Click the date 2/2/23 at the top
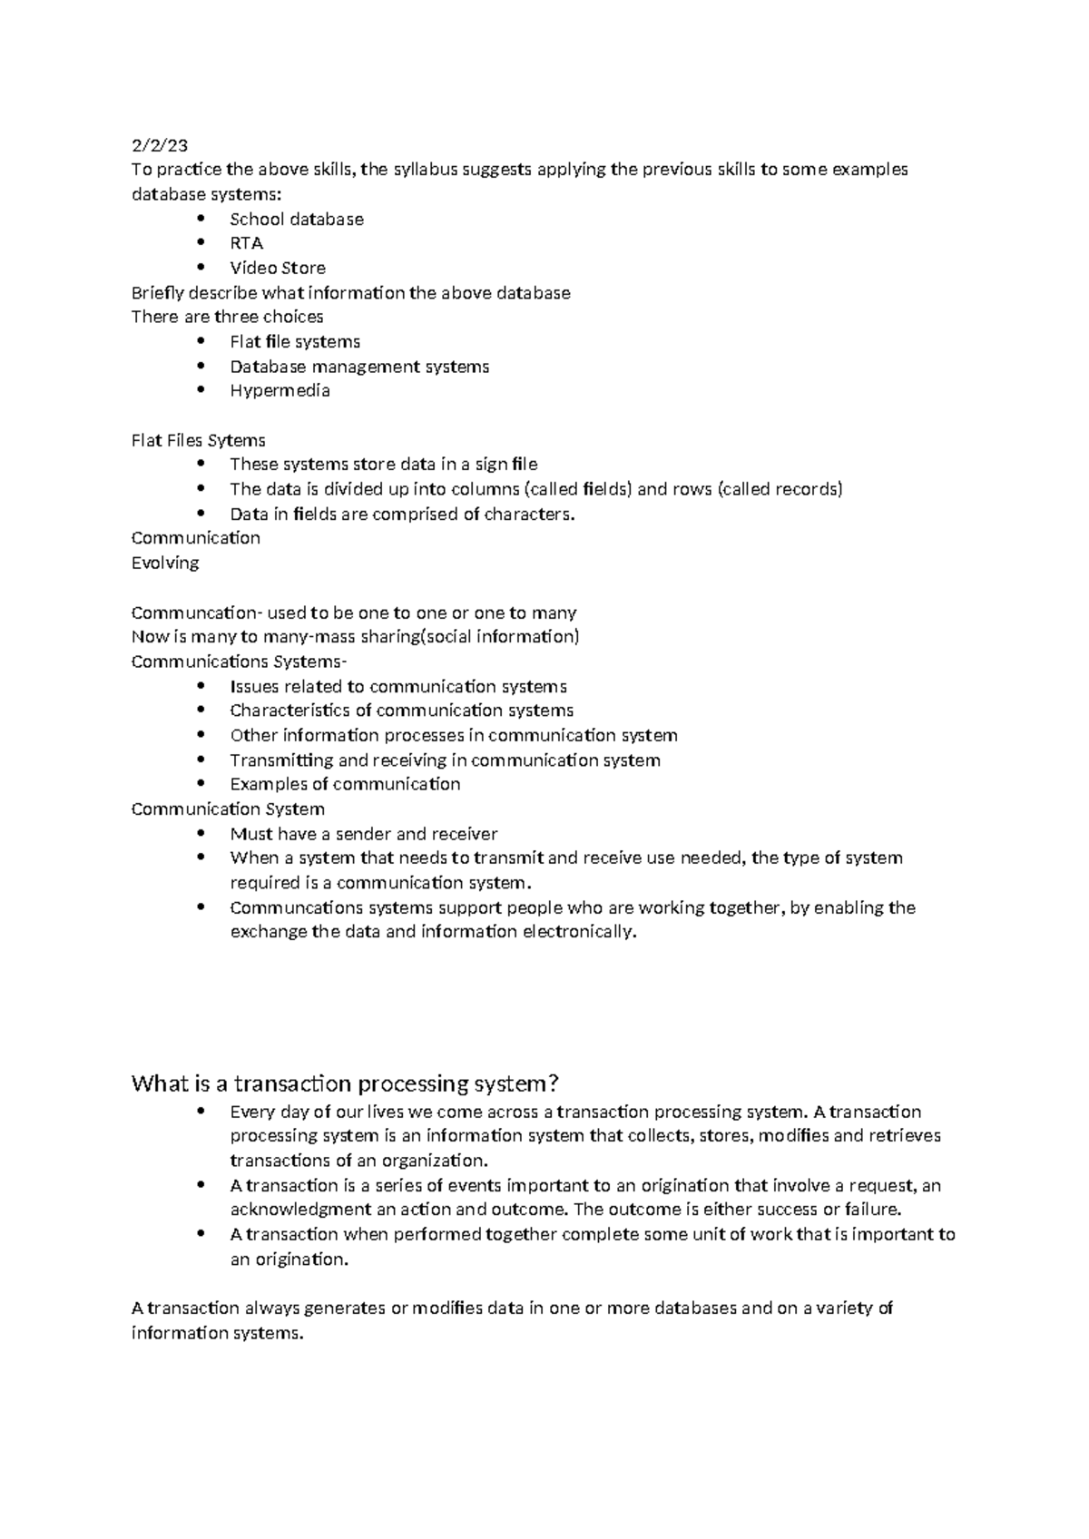pyautogui.click(x=160, y=145)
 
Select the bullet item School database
pyautogui.click(x=296, y=220)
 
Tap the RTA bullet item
pyautogui.click(x=246, y=243)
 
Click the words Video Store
pyautogui.click(x=277, y=268)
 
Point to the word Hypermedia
pyautogui.click(x=280, y=391)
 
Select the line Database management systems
pyautogui.click(x=358, y=367)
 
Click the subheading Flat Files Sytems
pyautogui.click(x=198, y=441)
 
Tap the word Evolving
pyautogui.click(x=165, y=564)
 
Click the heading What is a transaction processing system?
pyautogui.click(x=345, y=1083)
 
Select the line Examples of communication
pyautogui.click(x=345, y=785)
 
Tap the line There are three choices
pyautogui.click(x=227, y=318)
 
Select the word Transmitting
pyautogui.click(x=281, y=760)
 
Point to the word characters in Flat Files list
pyautogui.click(x=529, y=515)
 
